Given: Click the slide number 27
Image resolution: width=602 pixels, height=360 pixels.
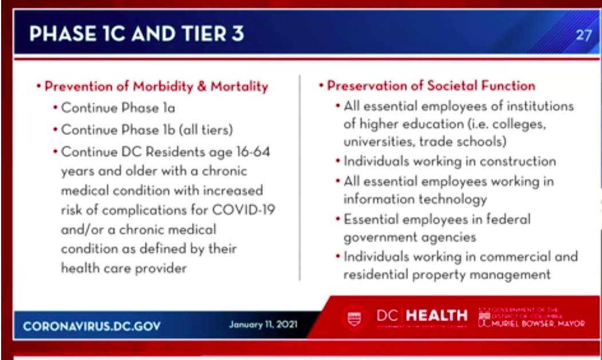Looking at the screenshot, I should point(583,35).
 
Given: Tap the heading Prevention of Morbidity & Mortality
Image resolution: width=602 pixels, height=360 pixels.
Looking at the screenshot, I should point(156,87).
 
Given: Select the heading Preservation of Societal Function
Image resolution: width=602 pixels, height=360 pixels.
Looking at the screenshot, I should point(431,86).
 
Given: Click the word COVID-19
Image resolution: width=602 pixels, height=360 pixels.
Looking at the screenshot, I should point(243,210).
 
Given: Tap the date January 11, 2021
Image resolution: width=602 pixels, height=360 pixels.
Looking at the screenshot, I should point(263,325).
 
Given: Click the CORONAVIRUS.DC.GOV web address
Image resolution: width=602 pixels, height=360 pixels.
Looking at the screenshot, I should point(92,326).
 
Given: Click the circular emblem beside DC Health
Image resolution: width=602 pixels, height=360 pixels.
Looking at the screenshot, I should point(353,317).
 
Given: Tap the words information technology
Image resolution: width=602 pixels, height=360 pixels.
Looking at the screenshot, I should point(415,199).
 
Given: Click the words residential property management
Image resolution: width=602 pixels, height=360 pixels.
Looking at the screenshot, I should point(447,275).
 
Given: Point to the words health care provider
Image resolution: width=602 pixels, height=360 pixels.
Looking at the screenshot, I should point(124,268).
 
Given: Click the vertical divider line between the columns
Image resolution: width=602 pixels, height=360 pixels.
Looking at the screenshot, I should point(300,178).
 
